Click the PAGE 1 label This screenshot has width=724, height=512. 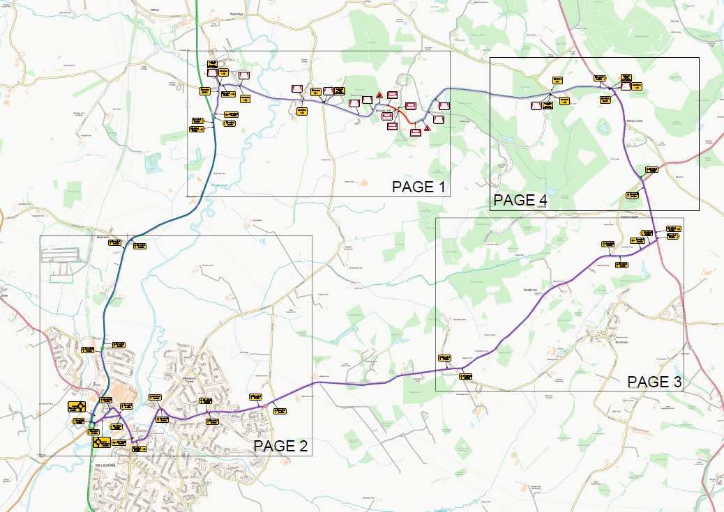pos(417,187)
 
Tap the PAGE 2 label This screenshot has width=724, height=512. pos(280,447)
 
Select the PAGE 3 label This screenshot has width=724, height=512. pos(654,382)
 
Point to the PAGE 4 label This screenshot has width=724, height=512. pos(520,201)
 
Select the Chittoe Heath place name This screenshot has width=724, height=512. pos(631,217)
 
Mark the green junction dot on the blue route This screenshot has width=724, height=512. pos(103,348)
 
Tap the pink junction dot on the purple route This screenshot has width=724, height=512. pos(265,405)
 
